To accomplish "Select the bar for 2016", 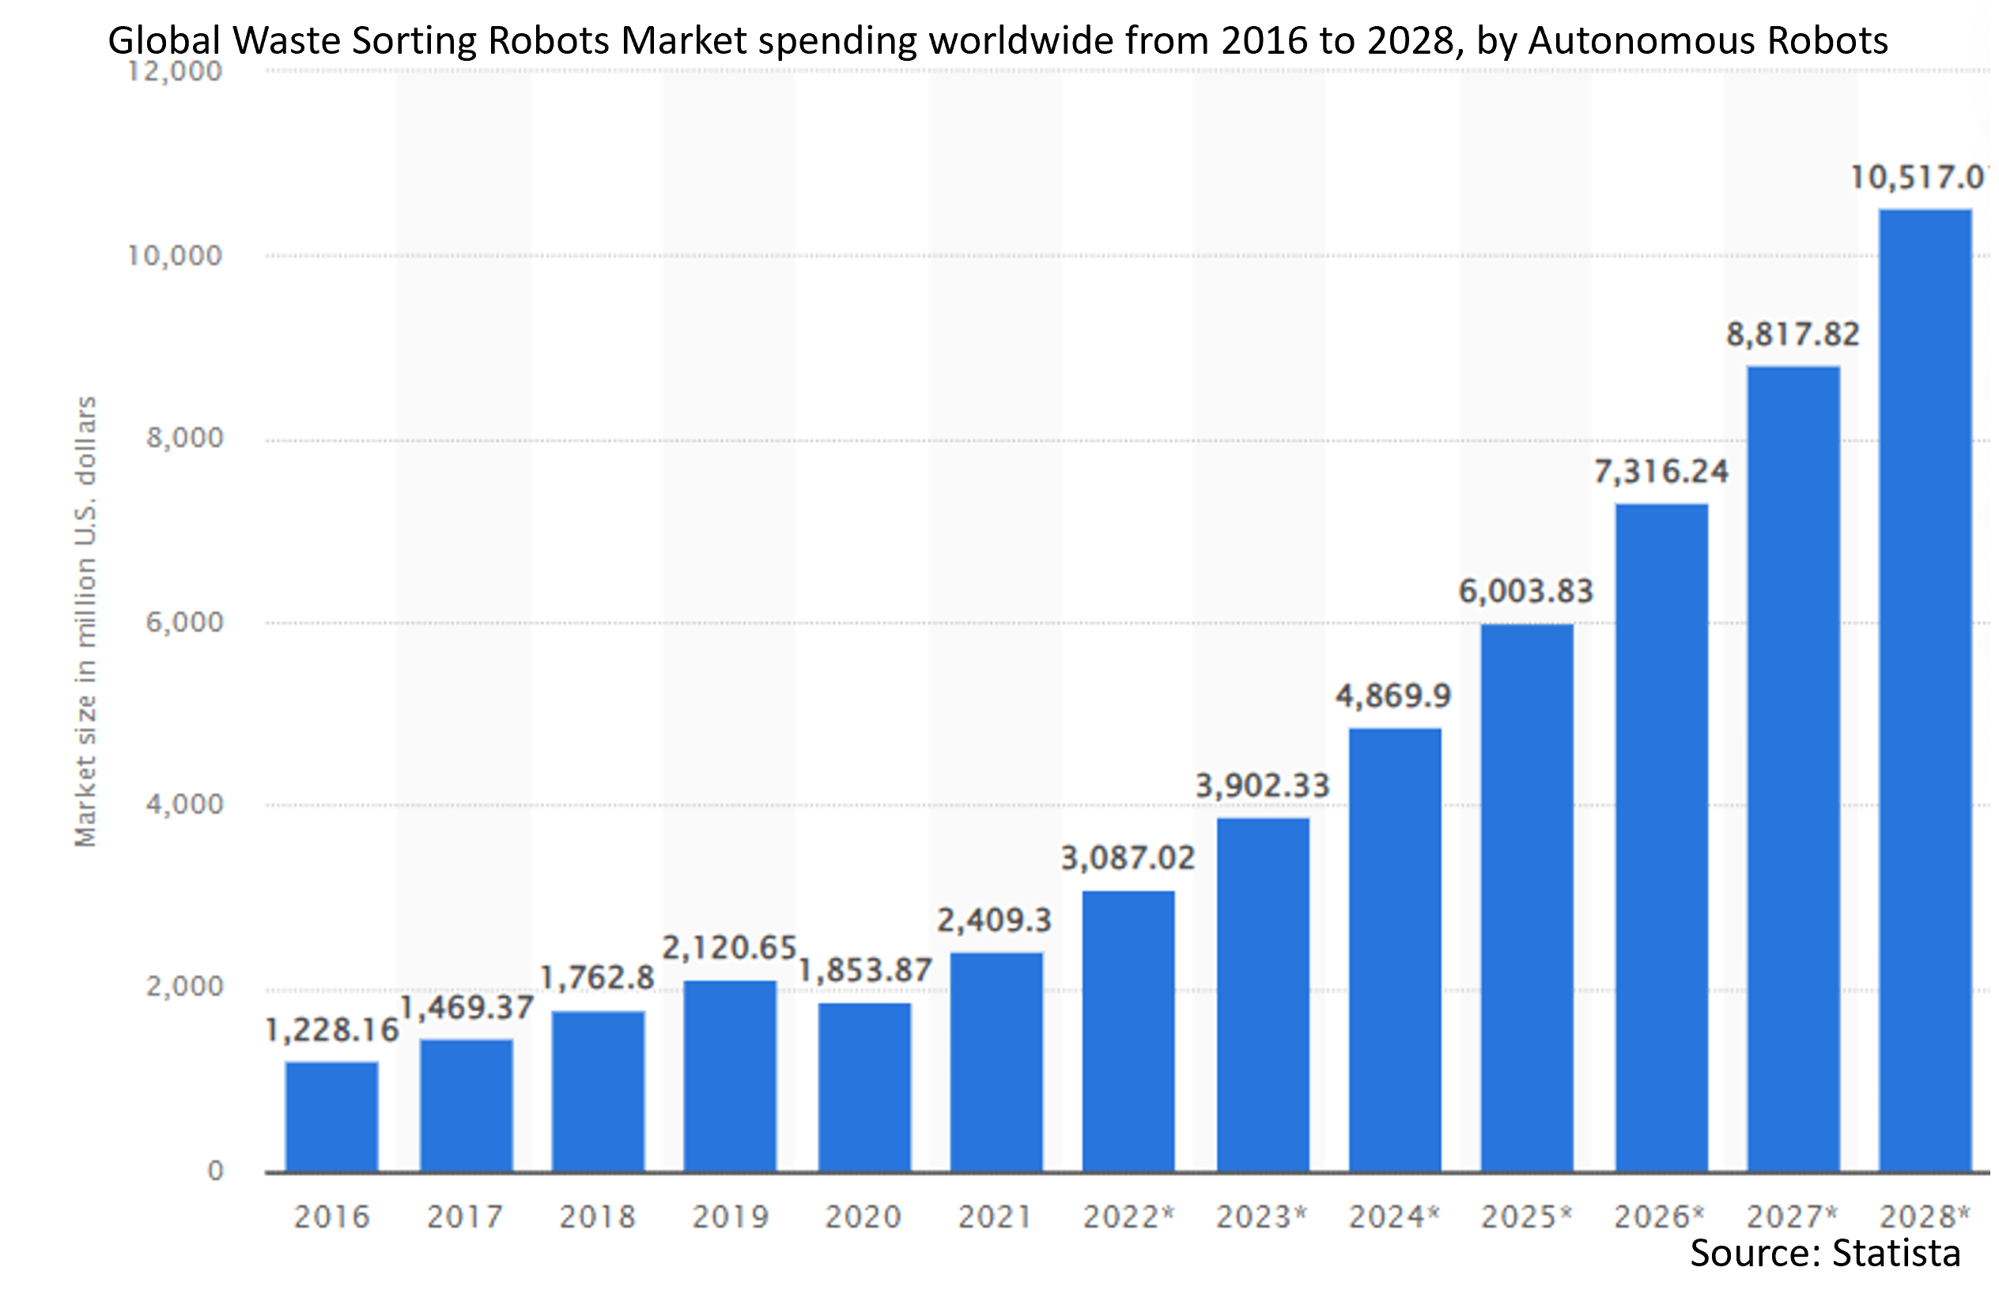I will click(332, 1117).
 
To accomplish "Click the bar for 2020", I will click(864, 1088).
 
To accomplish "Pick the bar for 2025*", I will click(1527, 898).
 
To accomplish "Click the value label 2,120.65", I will click(729, 948).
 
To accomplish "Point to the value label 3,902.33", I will click(1262, 786).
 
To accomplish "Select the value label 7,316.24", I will click(1661, 472).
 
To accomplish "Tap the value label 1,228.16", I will click(332, 1031).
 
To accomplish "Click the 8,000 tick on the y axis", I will click(185, 438).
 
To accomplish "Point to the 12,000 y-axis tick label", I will click(175, 71).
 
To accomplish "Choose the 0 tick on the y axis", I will click(216, 1171).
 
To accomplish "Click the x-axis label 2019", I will click(730, 1216).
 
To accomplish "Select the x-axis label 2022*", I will click(1128, 1216).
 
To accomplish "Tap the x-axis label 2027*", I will click(1793, 1216).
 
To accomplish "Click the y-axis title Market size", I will click(85, 621).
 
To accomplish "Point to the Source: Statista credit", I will click(1824, 1253).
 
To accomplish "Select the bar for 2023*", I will click(1262, 995).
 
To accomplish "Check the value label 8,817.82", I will click(1793, 335).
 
